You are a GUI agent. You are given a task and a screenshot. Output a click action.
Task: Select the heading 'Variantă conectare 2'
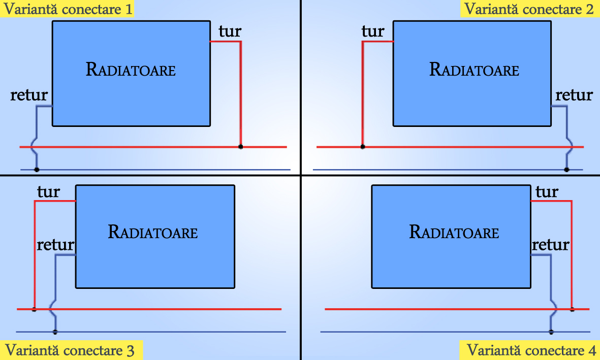point(529,9)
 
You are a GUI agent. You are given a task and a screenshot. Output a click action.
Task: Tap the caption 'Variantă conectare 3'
point(71,350)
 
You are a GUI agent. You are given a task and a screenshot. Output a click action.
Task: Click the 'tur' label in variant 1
point(230,31)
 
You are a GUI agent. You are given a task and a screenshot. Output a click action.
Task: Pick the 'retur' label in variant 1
point(29,95)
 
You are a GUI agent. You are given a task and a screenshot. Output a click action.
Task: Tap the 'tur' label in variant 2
point(373,31)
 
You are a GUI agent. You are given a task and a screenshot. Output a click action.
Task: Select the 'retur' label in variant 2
point(574,95)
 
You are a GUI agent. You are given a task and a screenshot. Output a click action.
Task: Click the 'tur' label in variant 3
point(48,192)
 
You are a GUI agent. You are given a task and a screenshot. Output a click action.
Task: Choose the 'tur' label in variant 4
point(547,192)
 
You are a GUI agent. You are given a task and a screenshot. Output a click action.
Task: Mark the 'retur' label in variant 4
point(551,245)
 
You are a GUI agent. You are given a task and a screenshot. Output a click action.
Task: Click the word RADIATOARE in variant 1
point(131,69)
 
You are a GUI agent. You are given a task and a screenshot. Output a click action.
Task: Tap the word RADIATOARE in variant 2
point(475,69)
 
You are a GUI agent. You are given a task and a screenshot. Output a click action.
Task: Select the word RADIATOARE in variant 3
point(153,232)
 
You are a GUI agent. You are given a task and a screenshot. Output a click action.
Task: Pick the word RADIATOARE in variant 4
point(454,232)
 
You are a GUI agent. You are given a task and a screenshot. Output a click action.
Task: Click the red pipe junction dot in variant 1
point(241,147)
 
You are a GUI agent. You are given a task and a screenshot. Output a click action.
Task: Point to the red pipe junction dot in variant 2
point(363,147)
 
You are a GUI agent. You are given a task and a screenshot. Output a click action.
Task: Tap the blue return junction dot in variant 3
point(55,332)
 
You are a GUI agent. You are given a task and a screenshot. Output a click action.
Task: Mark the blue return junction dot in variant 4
point(551,332)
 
